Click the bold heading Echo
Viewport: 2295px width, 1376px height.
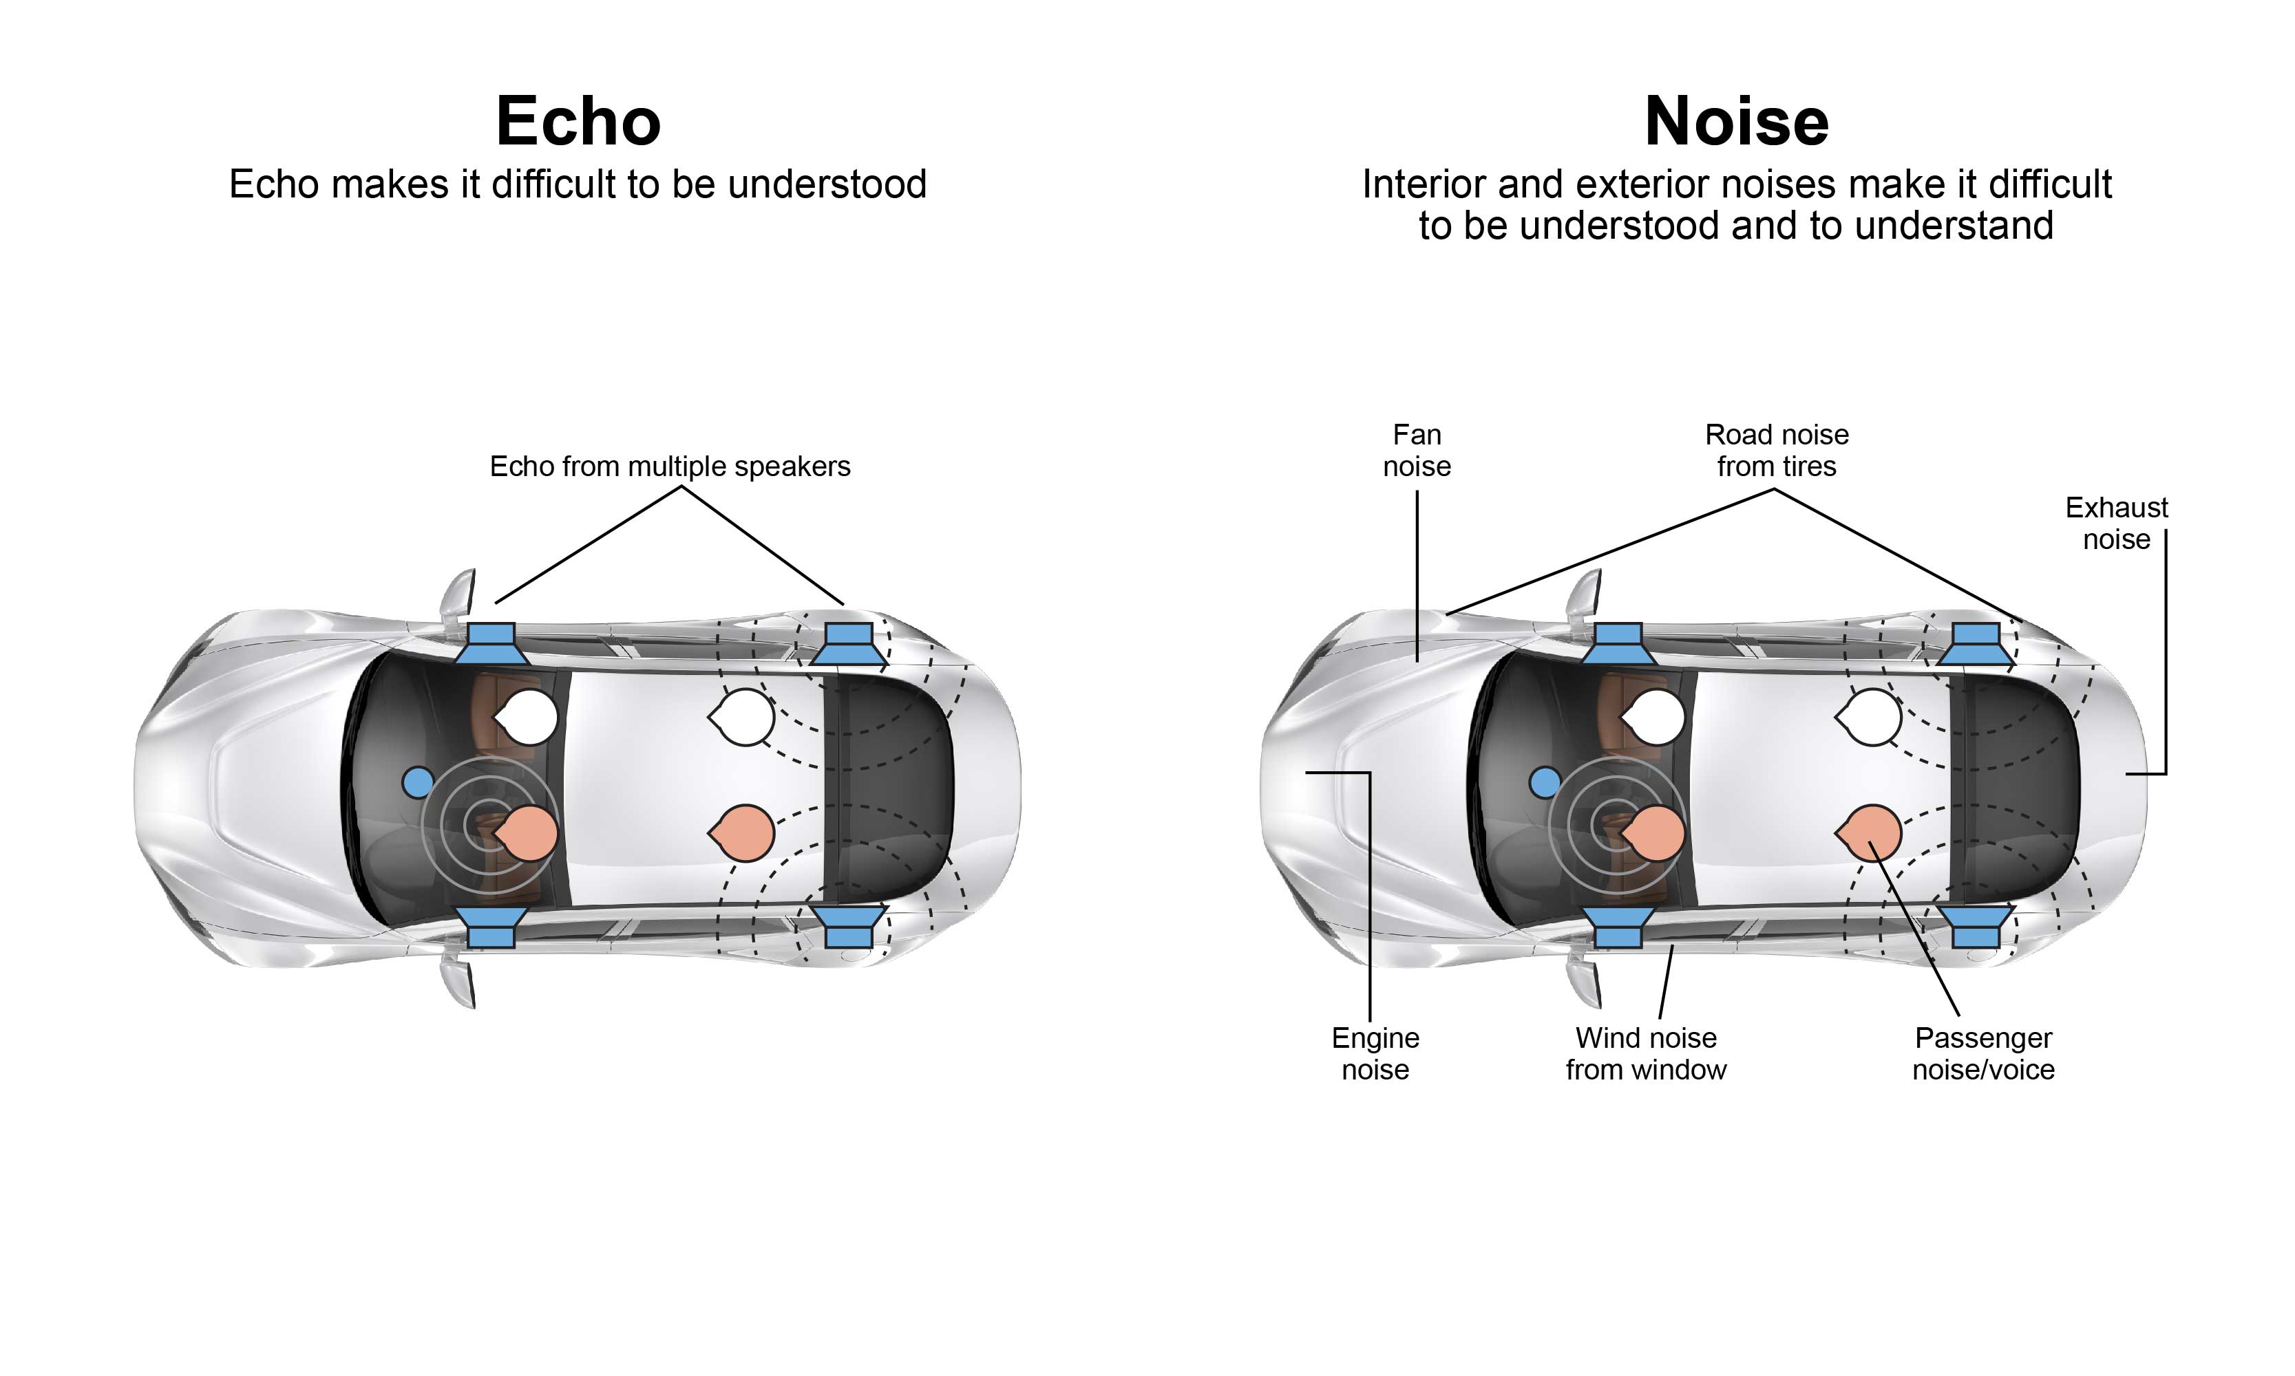coord(578,122)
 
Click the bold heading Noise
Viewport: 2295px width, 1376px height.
coord(1735,122)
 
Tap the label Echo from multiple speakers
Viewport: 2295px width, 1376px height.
coord(670,466)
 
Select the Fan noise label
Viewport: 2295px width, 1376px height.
coord(1417,450)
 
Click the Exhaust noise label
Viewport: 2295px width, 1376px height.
coord(2116,523)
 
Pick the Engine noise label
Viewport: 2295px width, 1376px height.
coord(1375,1053)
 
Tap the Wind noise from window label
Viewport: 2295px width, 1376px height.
coord(1646,1053)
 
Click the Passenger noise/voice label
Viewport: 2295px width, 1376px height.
coord(1983,1053)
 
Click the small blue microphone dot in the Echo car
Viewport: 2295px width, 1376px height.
coord(417,782)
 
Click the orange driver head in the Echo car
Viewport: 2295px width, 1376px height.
coord(528,832)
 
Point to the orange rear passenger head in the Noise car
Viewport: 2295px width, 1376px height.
coord(1871,832)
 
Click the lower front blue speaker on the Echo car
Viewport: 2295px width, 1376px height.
coord(491,927)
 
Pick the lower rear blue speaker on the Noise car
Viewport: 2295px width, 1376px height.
coord(1976,927)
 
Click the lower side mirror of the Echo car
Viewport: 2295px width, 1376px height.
coord(459,983)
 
